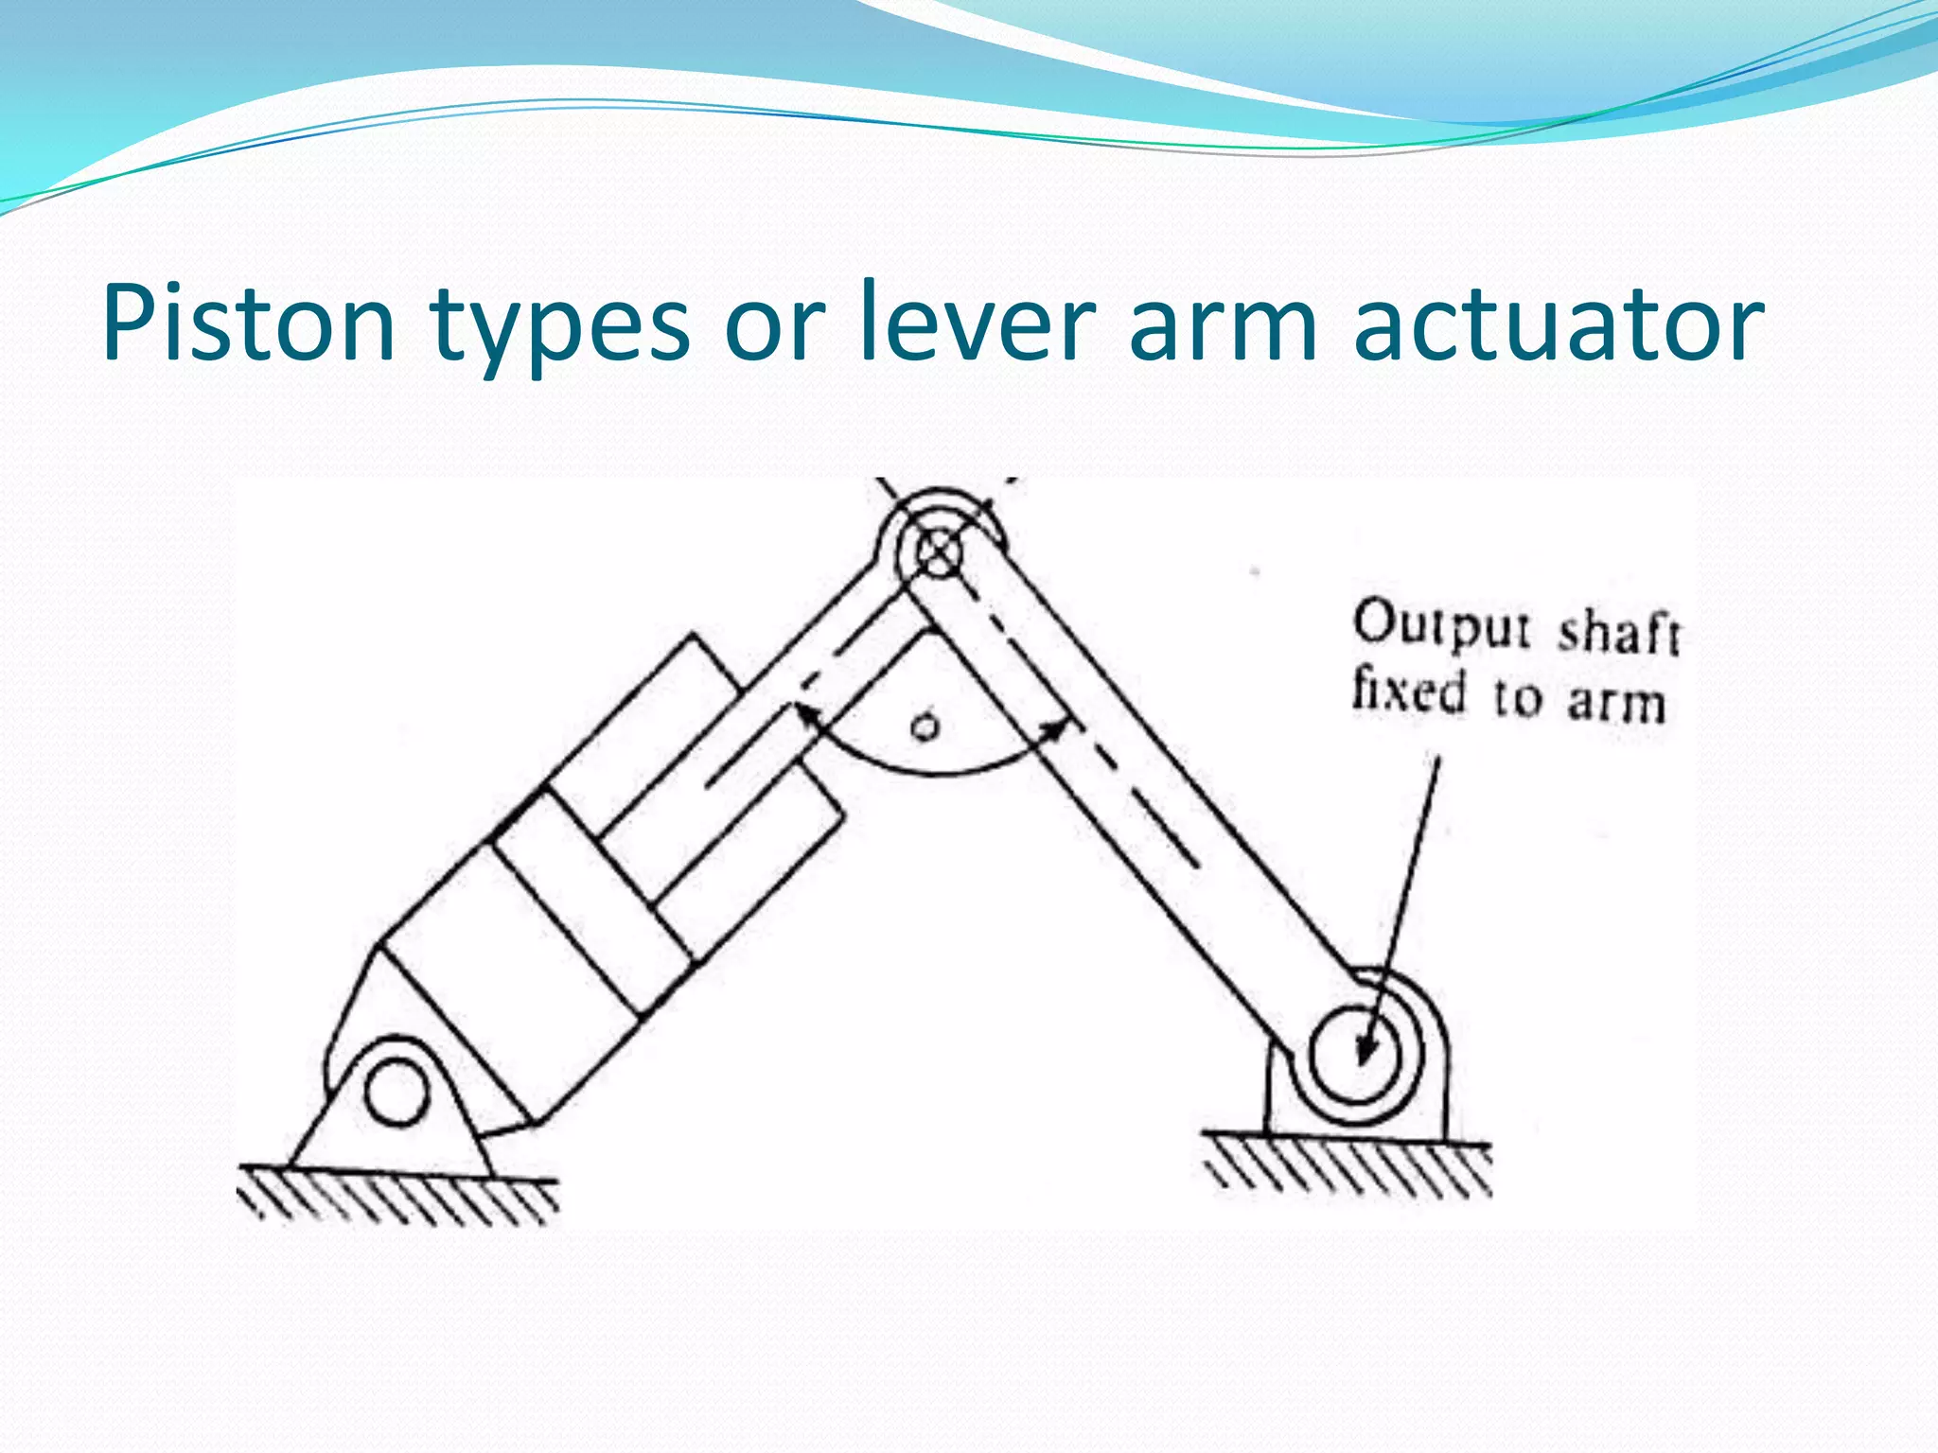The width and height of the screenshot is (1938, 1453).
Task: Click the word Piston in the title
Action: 248,324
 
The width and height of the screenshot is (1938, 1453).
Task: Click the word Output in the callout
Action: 1440,624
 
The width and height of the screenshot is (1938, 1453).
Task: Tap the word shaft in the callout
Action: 1618,632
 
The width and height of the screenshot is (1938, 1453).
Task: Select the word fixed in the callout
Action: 1408,690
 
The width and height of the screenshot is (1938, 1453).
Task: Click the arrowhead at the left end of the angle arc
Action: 806,718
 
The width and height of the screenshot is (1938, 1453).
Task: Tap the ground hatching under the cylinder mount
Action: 397,1199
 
